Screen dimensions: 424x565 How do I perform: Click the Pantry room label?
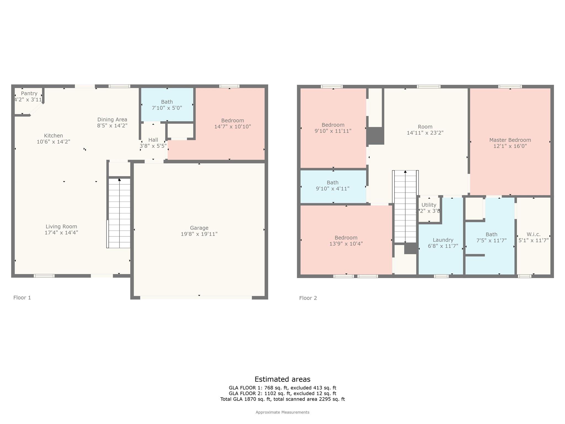(x=29, y=94)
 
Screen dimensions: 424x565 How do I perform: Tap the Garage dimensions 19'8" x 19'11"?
(x=199, y=234)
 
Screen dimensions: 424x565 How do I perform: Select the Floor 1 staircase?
(x=119, y=213)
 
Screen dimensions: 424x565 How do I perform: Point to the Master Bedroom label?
(x=510, y=140)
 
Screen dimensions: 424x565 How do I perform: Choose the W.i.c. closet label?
(x=533, y=234)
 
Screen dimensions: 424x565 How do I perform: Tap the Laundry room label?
(x=443, y=240)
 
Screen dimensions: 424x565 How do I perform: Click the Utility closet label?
(x=429, y=205)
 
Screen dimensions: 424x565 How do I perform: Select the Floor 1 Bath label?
(x=167, y=102)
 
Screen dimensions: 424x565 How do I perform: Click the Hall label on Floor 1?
(x=153, y=140)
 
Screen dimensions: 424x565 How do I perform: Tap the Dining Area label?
(x=112, y=120)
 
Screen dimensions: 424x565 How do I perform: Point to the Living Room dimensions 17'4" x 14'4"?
(x=61, y=233)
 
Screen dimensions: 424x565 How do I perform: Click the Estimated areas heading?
(x=282, y=379)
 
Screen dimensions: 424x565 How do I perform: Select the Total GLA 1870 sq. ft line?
(x=282, y=399)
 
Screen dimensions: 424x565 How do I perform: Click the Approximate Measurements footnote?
(x=282, y=412)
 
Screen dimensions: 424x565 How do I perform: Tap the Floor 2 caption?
(x=308, y=298)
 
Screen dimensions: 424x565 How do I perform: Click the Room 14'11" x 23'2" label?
(x=425, y=129)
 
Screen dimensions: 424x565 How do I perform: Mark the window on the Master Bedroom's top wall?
(x=510, y=87)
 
